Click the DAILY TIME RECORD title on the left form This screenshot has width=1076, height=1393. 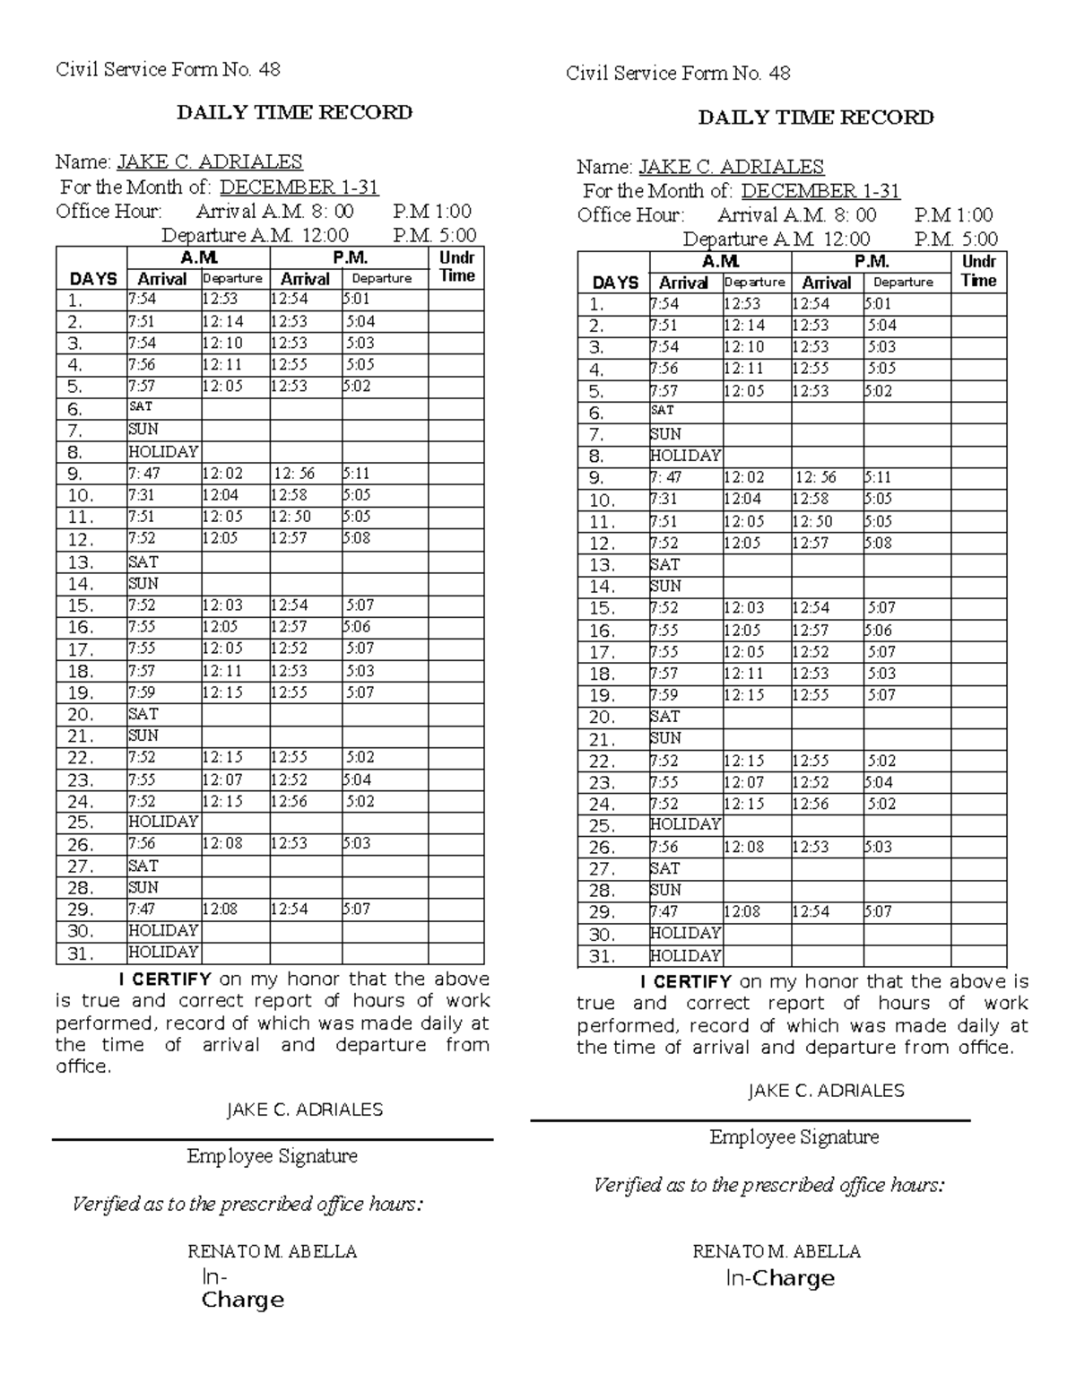tap(294, 112)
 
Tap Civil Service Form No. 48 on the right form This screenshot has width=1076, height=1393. tap(678, 74)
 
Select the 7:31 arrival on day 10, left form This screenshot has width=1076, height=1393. tap(142, 495)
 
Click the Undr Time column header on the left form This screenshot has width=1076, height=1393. tap(456, 267)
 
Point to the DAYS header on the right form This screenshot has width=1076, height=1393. tap(615, 283)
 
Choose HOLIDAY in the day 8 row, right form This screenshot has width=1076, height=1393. tap(685, 456)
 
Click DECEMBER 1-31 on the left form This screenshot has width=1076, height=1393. tap(299, 187)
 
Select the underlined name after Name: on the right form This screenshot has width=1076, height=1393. tap(730, 167)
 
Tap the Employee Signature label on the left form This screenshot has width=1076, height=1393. tap(272, 1156)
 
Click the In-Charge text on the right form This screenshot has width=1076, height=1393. tap(779, 1278)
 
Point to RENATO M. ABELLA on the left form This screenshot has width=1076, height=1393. tap(272, 1251)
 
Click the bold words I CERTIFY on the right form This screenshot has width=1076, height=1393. tap(683, 981)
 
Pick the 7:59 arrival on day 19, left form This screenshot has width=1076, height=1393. tap(142, 692)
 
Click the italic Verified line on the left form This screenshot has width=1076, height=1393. tap(247, 1204)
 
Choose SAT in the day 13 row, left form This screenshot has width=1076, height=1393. tap(143, 562)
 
